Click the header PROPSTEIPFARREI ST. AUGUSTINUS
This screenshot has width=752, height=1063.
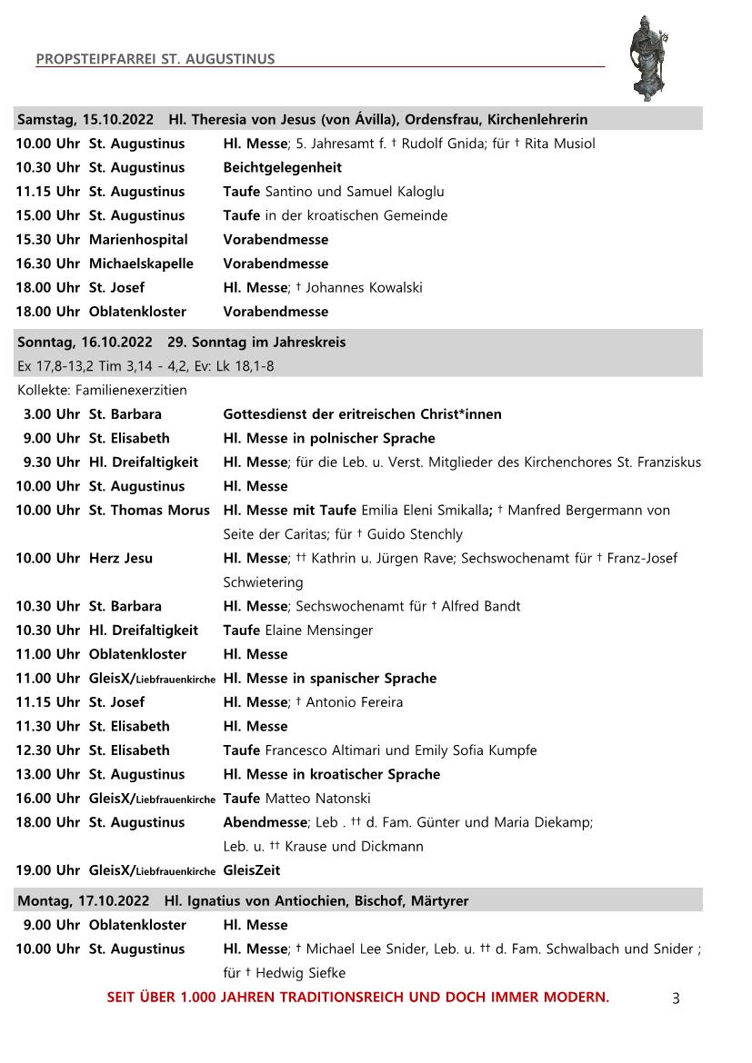click(155, 60)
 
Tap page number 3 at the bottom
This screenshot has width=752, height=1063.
click(676, 998)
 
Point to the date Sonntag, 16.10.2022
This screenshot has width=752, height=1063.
click(85, 343)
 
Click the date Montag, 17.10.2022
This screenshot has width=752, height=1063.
click(84, 901)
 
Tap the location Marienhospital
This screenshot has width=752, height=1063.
click(138, 239)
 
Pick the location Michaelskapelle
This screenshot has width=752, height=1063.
click(141, 263)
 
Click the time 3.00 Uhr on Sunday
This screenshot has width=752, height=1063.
click(52, 414)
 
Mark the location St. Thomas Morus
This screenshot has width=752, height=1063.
click(149, 511)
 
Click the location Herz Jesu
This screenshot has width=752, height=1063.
click(121, 558)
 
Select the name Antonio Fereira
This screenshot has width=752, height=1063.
click(355, 702)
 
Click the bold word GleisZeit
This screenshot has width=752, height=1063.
click(252, 870)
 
